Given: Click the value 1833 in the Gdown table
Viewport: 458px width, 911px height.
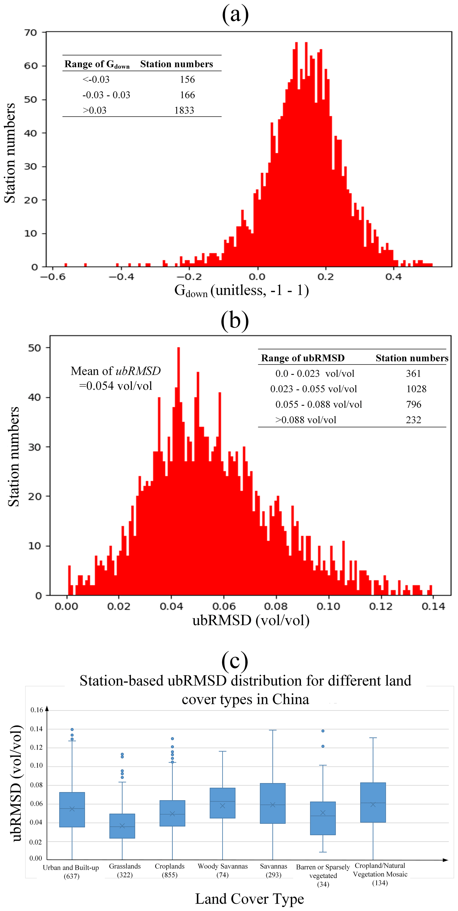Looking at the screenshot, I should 184,110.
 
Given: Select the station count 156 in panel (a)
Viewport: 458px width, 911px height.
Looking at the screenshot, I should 187,79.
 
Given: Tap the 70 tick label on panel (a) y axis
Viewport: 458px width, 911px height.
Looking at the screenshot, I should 31,33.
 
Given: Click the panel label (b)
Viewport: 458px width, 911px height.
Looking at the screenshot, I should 235,321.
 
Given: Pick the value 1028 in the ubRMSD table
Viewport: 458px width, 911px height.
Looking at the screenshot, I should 416,389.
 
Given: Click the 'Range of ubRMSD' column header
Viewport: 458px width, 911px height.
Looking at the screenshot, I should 303,358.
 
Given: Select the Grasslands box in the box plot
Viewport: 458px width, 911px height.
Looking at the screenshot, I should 122,826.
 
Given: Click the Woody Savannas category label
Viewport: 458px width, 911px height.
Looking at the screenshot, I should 223,866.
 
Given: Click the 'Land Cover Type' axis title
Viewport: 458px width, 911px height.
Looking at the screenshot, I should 249,899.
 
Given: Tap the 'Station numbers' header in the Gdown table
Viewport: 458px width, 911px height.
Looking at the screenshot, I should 177,64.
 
